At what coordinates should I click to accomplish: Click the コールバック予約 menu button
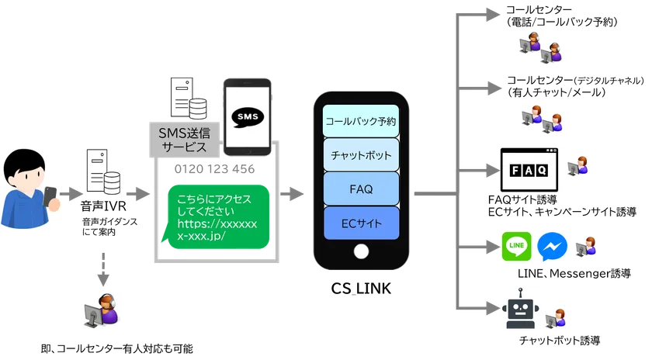click(360, 121)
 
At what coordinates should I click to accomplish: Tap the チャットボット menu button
click(360, 154)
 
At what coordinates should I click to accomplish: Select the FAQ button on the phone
click(360, 189)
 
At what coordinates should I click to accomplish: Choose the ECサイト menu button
click(360, 223)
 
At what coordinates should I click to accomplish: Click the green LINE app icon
click(516, 246)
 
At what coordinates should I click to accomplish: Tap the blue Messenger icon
click(550, 246)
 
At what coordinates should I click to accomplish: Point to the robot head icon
click(517, 310)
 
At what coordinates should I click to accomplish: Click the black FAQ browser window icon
click(529, 169)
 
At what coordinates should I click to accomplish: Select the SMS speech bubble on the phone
click(247, 117)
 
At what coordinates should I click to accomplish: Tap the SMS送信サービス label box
click(183, 140)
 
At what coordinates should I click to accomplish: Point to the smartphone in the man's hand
click(50, 196)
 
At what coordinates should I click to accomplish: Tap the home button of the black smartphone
click(360, 252)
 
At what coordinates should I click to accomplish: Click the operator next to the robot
click(557, 318)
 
